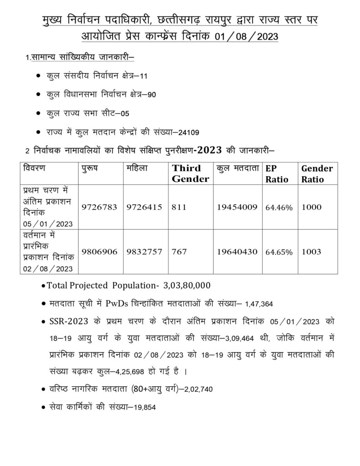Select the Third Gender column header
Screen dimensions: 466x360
coord(190,173)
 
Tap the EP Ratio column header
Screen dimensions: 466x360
coord(277,173)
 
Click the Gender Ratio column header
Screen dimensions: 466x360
coord(317,173)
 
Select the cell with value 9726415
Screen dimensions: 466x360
coord(144,207)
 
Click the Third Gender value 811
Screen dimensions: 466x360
coord(179,207)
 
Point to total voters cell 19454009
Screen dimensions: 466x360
coord(237,207)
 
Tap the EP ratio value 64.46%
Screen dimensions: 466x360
coord(279,208)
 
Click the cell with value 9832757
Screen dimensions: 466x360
coord(144,252)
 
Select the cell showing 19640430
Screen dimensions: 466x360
coord(237,252)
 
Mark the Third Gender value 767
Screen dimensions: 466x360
coord(179,252)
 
